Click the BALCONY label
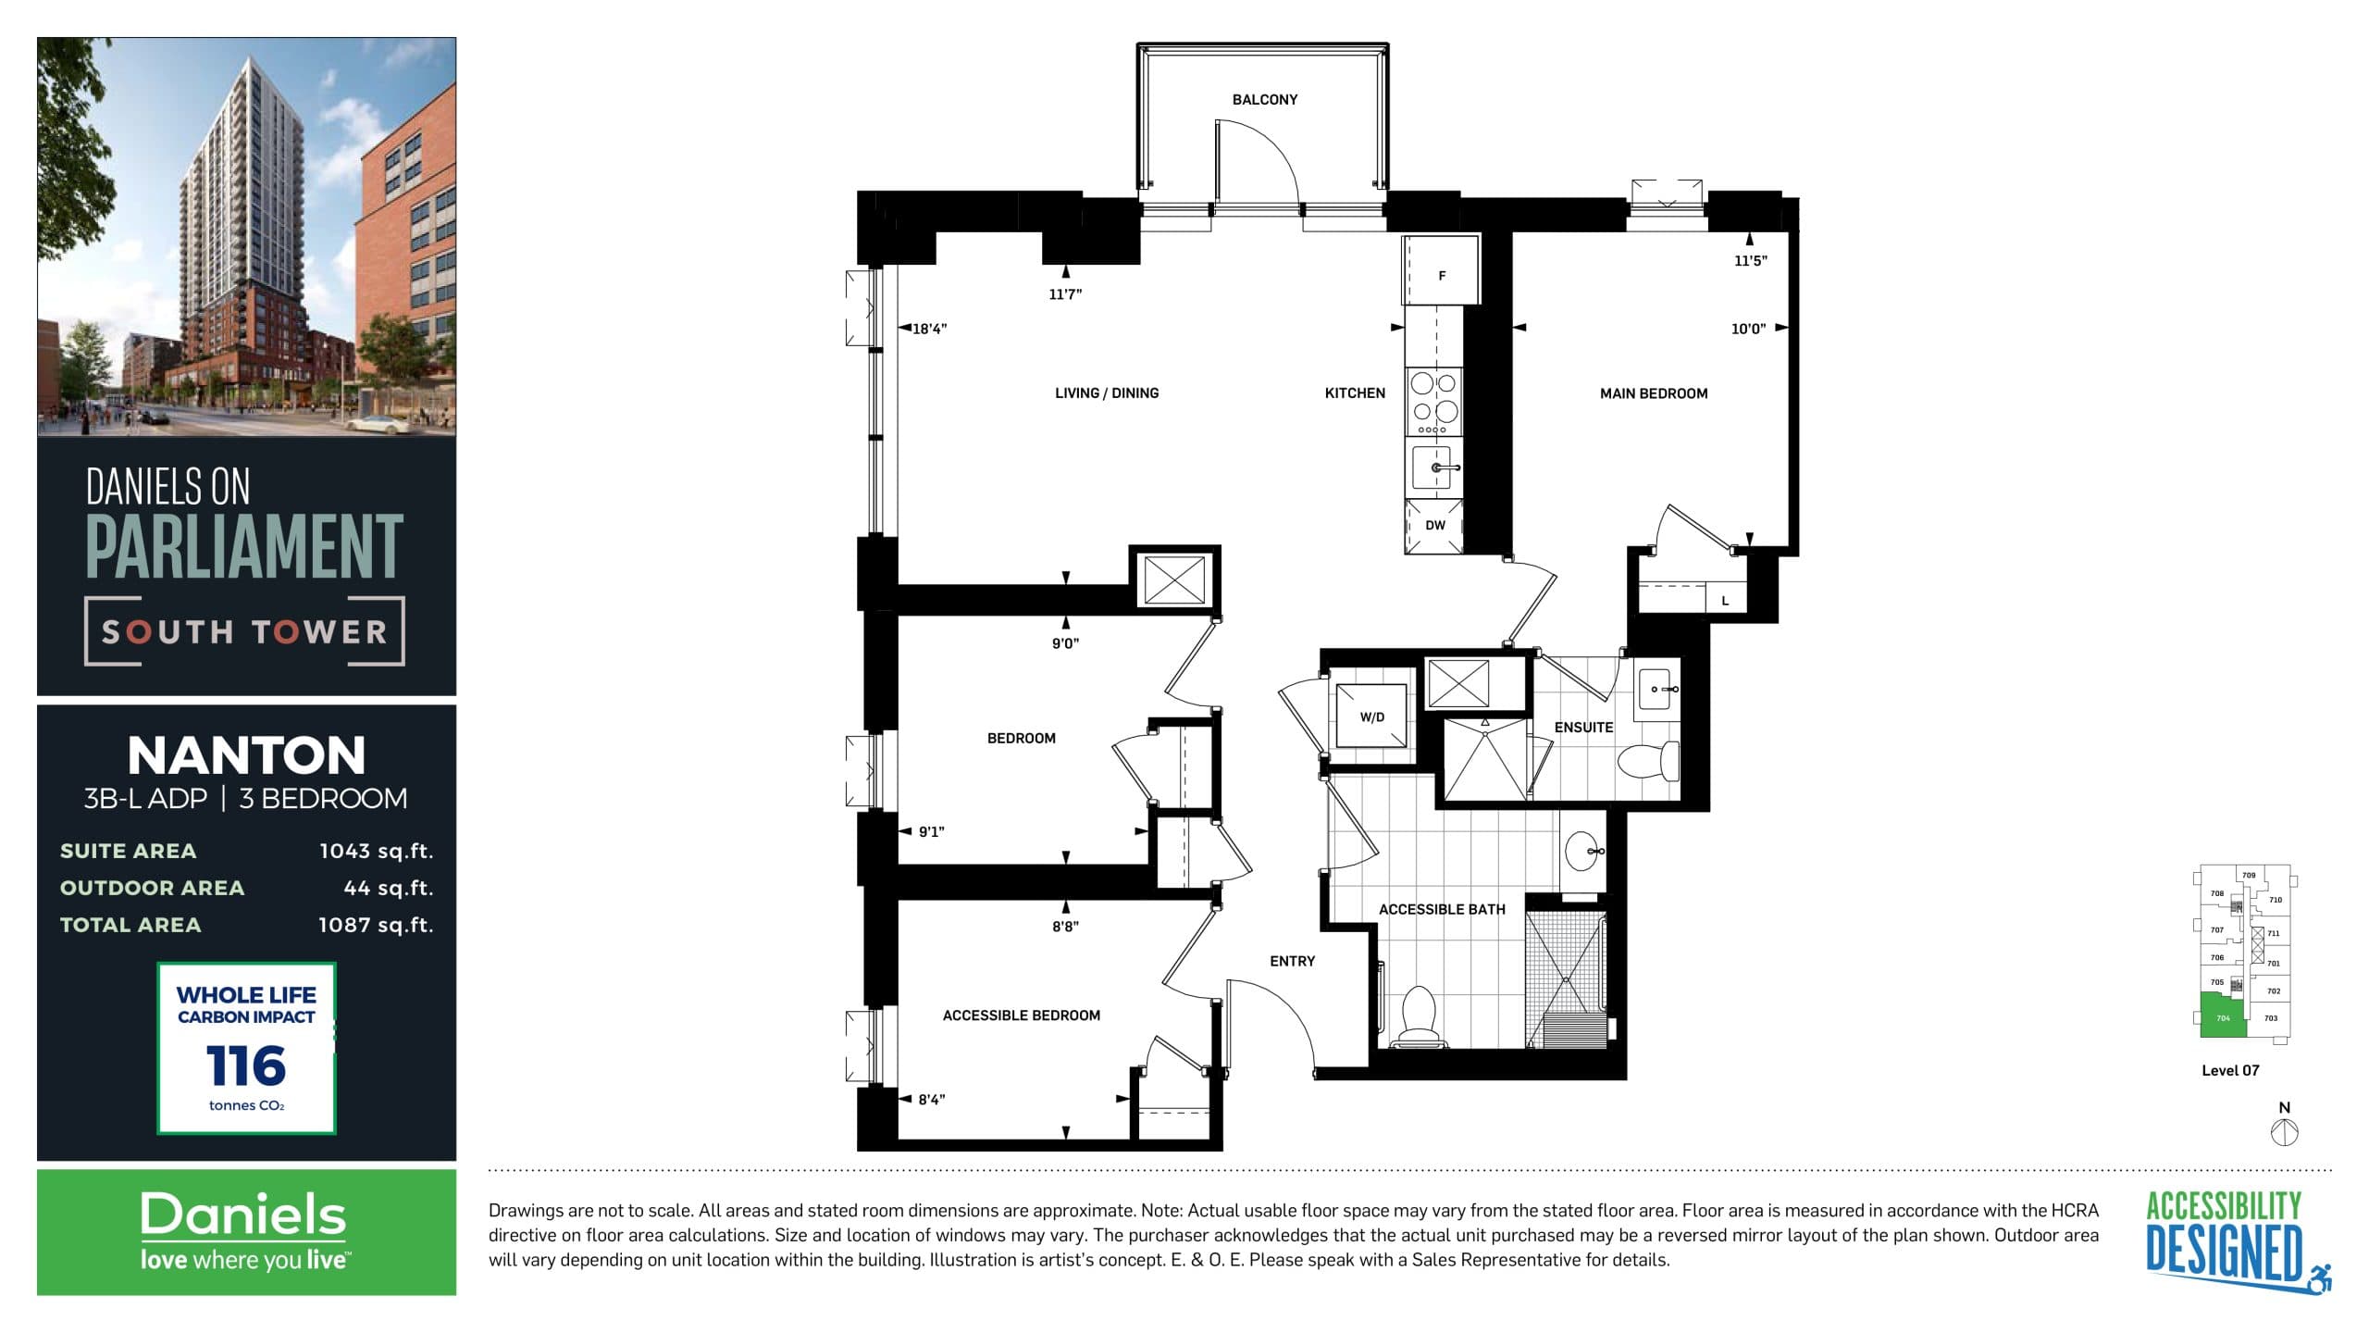pos(1264,100)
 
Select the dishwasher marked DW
pos(1434,526)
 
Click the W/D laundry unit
pos(1371,716)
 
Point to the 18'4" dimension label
pos(929,329)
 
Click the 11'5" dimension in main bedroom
pos(1750,261)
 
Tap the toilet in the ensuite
pos(1648,761)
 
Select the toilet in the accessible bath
pos(1418,1015)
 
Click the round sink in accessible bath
pos(1583,851)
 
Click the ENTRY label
pos(1292,961)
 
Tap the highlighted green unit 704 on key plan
pos(2221,1016)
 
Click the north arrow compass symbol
pos(2285,1131)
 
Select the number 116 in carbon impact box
pos(246,1065)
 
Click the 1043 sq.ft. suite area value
pos(376,851)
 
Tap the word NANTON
pos(246,755)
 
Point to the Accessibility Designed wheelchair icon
pos(2320,1278)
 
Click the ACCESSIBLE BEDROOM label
pos(1021,1015)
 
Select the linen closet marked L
pos(1725,601)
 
